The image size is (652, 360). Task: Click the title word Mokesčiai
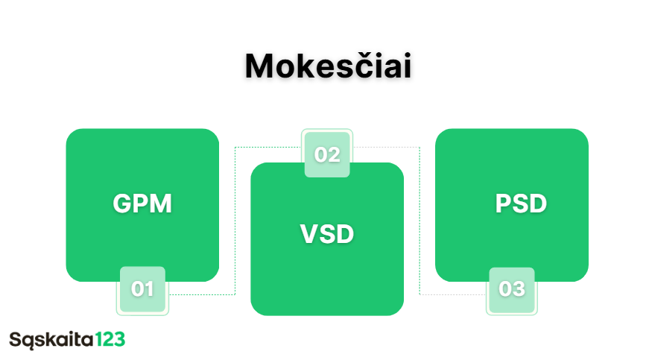[328, 67]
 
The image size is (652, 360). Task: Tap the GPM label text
[142, 203]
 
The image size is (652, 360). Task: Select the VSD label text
[327, 234]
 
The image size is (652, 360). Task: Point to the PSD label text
[521, 203]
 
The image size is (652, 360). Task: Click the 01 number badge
[142, 289]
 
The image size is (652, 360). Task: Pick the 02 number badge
[327, 154]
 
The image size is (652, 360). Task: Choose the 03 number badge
[512, 289]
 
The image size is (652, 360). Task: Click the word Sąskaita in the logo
[51, 340]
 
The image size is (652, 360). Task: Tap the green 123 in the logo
[110, 340]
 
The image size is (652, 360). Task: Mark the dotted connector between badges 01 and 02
[235, 224]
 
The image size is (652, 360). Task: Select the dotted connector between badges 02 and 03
[420, 224]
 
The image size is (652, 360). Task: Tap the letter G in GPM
[123, 203]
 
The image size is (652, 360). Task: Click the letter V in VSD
[308, 234]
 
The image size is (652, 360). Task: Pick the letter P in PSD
[503, 203]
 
